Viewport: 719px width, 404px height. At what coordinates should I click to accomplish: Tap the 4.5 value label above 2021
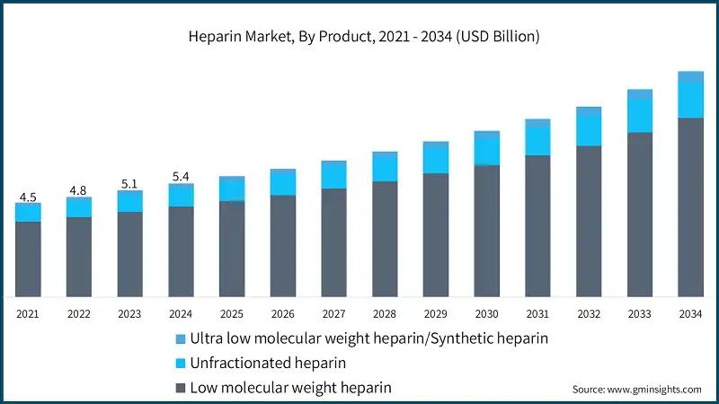tap(28, 198)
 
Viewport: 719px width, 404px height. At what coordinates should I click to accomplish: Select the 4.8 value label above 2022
tap(79, 190)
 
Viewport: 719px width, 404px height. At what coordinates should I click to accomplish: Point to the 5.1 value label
tap(129, 184)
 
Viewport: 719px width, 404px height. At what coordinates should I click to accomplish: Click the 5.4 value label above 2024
tap(181, 177)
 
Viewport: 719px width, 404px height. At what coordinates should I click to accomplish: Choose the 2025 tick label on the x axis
tap(232, 313)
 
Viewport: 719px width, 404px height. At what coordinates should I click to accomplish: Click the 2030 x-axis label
tap(487, 313)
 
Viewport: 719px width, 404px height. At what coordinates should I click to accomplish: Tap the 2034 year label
tap(691, 313)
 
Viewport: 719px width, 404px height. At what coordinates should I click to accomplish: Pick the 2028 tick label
tap(385, 313)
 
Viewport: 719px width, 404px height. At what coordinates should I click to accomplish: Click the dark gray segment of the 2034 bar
tap(691, 206)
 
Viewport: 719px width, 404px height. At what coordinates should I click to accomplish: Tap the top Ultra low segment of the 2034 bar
tap(691, 76)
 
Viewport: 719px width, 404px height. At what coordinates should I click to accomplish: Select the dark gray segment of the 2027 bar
tap(333, 242)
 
